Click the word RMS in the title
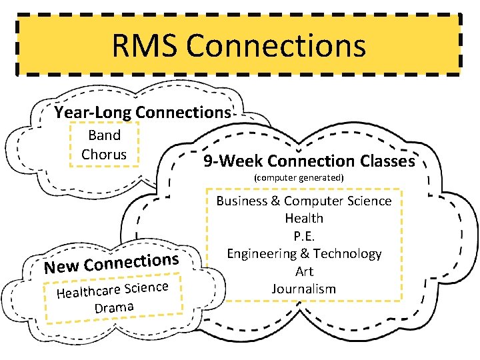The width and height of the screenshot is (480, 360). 144,46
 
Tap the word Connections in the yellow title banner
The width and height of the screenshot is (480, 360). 275,46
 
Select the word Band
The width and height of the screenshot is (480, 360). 104,135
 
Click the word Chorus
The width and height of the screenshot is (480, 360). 104,154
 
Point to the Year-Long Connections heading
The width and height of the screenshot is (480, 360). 142,112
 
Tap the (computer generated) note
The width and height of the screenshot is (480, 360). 299,178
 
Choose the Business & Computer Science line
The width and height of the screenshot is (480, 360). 304,201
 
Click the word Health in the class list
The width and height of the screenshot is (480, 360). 304,218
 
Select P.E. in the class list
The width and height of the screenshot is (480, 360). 304,235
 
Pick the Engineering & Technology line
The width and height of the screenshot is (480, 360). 304,253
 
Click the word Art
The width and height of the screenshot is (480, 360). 304,271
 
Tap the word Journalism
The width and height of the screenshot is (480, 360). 304,289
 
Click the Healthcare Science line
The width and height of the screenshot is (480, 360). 112,290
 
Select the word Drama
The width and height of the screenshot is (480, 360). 114,307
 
